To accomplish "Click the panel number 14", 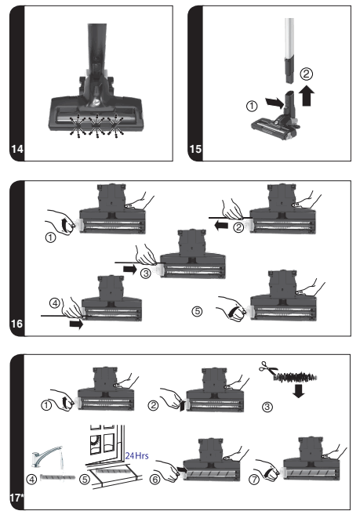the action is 17,149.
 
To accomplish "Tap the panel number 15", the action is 195,149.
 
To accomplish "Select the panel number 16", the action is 16,323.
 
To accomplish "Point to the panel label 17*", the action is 16,497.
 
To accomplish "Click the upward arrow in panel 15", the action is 307,96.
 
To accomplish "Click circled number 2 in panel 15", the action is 307,74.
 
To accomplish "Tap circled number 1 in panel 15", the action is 252,106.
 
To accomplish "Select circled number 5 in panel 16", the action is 198,311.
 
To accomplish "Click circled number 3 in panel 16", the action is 145,273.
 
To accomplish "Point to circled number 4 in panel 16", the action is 55,302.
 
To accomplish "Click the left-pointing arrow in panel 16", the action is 221,226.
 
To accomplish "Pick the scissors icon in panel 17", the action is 267,368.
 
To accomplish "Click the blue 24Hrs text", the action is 136,455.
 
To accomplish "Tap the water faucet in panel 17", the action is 46,455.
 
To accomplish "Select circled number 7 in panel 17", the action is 254,480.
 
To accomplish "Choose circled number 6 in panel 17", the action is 155,479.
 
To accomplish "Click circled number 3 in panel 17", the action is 267,407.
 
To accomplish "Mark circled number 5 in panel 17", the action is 85,479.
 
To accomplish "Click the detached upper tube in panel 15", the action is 289,50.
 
